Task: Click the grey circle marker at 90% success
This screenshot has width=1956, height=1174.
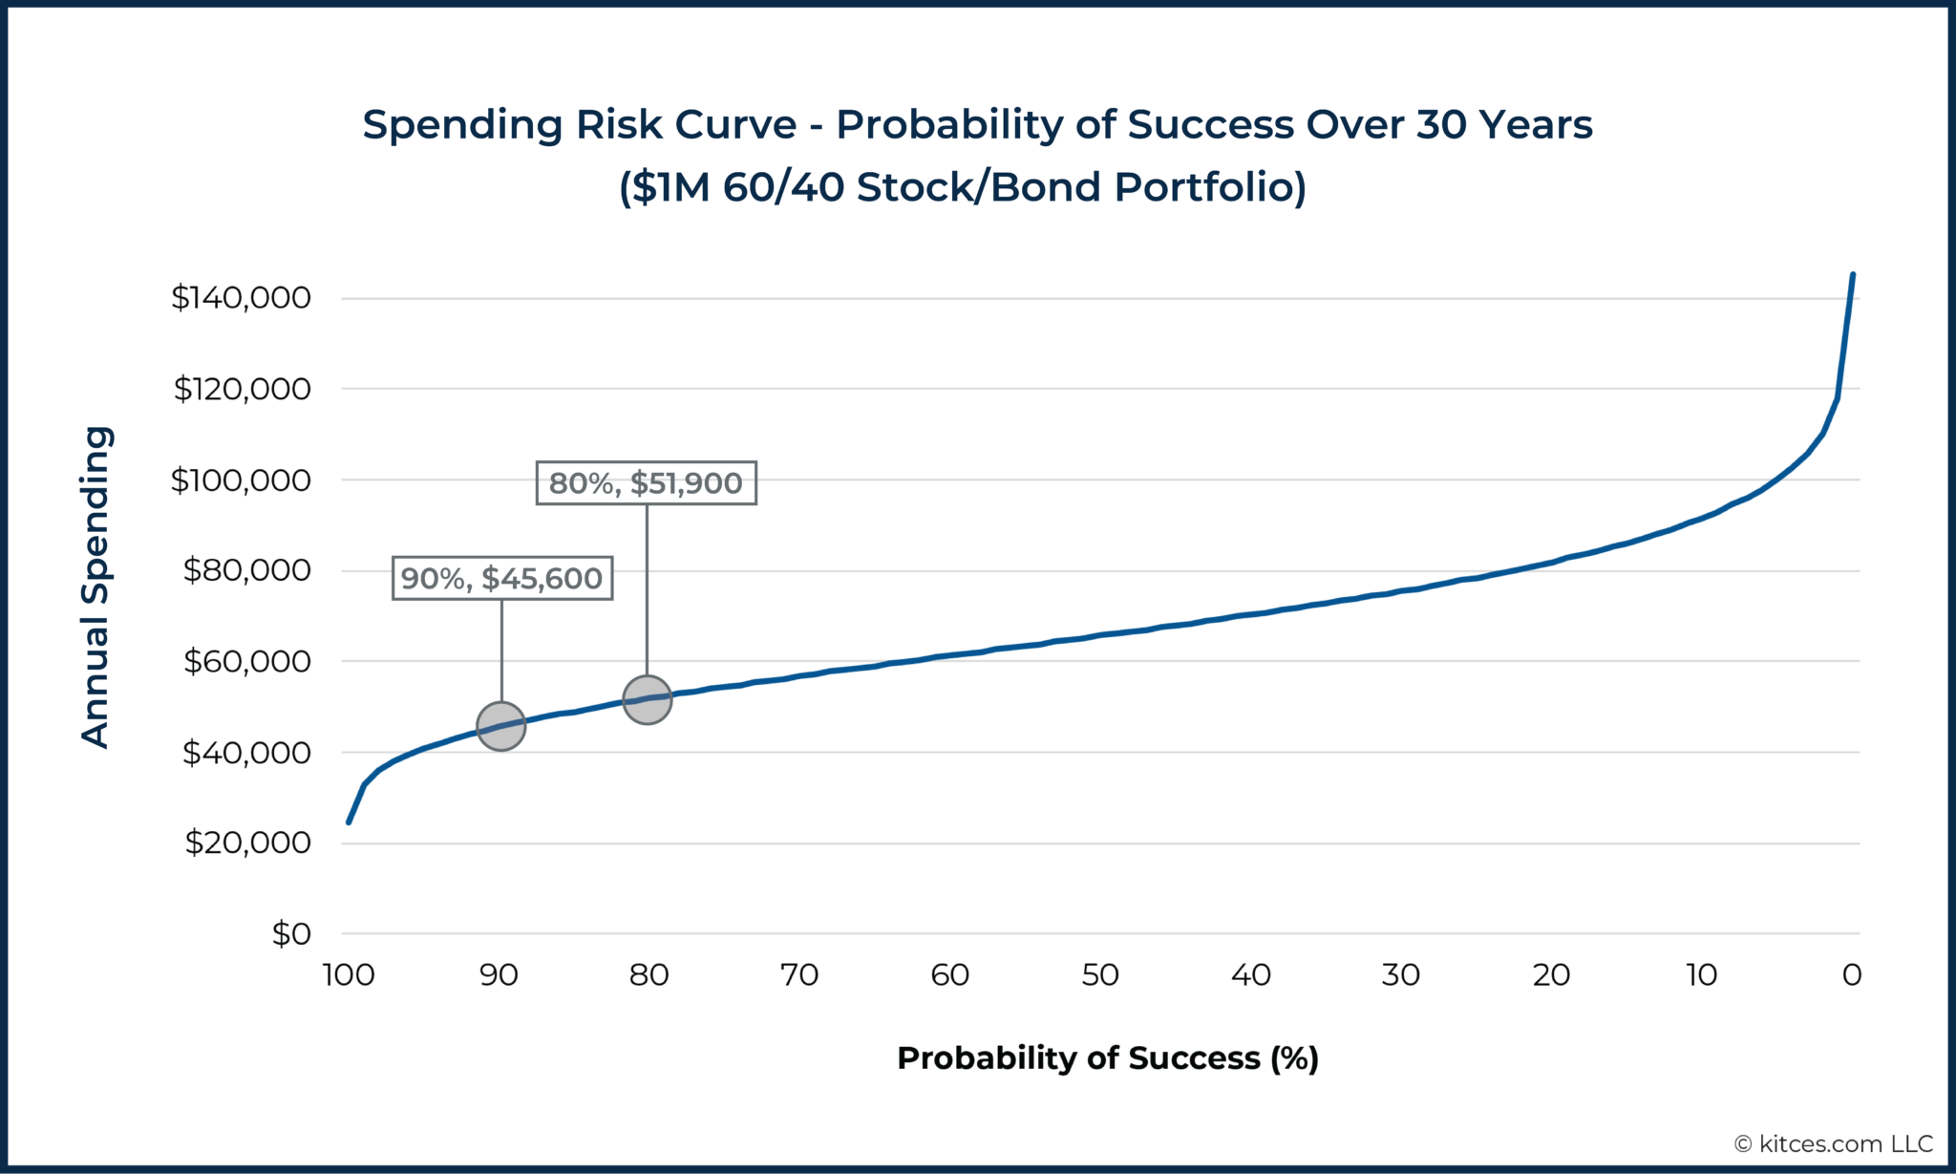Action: click(x=501, y=726)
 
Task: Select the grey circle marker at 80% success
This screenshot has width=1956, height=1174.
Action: click(x=648, y=700)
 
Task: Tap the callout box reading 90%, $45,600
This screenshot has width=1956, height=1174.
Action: click(x=502, y=578)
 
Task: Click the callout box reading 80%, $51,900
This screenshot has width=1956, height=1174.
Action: click(x=647, y=483)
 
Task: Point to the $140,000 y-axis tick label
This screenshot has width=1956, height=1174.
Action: click(x=241, y=298)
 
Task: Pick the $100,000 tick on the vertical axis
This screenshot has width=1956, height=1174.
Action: click(x=241, y=480)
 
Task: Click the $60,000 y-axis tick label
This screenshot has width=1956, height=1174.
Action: click(x=246, y=661)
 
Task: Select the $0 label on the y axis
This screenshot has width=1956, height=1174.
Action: click(x=291, y=933)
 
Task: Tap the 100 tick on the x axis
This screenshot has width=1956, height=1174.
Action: click(x=349, y=975)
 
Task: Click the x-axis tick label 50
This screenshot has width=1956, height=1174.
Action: click(x=1100, y=975)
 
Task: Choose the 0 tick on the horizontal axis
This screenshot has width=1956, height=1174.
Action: click(x=1852, y=975)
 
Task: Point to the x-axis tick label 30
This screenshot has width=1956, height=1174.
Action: click(x=1401, y=975)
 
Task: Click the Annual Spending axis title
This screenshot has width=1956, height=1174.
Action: click(x=96, y=587)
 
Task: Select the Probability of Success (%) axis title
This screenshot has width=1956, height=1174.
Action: click(x=1108, y=1058)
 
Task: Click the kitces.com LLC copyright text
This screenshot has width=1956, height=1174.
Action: click(x=1834, y=1143)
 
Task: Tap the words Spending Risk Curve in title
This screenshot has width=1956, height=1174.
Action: click(x=580, y=125)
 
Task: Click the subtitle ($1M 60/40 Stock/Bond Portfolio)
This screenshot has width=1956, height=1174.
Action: click(x=963, y=187)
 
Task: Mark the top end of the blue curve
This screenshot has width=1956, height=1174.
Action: click(x=1853, y=275)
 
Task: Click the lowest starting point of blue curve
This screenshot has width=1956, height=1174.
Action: click(x=349, y=822)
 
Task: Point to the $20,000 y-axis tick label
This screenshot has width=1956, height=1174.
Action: click(x=247, y=843)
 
